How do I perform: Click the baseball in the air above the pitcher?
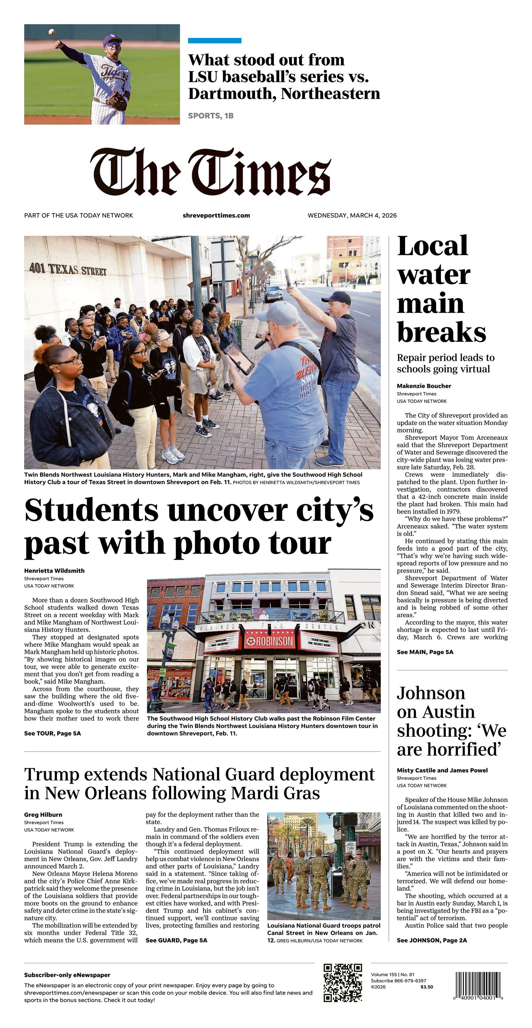(51, 31)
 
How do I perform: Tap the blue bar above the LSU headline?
(214, 40)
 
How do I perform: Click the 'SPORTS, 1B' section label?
(211, 116)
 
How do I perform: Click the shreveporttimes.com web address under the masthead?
(216, 215)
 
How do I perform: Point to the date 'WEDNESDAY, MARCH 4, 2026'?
(352, 215)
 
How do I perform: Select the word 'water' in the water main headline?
(433, 275)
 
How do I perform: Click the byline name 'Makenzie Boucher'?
(424, 386)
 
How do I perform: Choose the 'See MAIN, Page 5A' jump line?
(425, 652)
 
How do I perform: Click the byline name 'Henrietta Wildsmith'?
(54, 571)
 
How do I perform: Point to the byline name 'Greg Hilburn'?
(43, 814)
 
